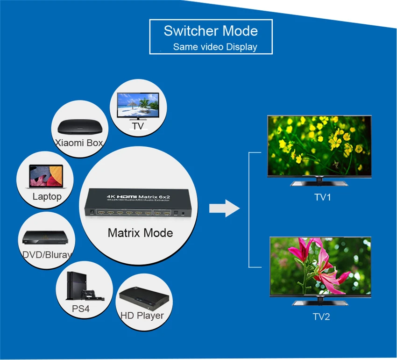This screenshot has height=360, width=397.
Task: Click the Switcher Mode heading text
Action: coord(211,31)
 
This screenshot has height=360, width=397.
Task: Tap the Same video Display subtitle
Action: coord(215,47)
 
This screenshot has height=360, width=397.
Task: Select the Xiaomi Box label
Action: coord(78,143)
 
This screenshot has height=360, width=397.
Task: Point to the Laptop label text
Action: coord(47,196)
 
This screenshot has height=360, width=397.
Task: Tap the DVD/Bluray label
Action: coord(47,255)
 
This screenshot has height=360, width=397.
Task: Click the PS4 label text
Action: coord(81,309)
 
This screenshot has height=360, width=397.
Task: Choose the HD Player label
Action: coord(142,316)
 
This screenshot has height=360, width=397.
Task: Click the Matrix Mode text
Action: coord(140,232)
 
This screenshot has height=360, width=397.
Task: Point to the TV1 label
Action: coord(322,197)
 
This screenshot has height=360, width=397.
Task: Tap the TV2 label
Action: coord(321,317)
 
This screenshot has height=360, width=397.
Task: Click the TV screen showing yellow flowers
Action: coord(319,145)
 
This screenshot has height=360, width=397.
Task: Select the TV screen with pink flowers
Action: coord(320,265)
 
